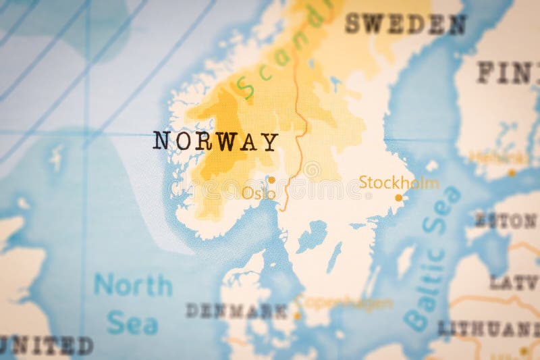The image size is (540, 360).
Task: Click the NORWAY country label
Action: (215, 142)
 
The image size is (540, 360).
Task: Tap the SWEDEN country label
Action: (405, 24)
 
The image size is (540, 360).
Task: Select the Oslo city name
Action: (259, 194)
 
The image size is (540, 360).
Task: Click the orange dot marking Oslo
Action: (271, 180)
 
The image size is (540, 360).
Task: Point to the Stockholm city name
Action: (398, 182)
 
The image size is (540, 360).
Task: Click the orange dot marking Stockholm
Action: (398, 198)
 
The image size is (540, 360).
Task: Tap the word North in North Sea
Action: (133, 285)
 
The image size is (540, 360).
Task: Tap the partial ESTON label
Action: (506, 220)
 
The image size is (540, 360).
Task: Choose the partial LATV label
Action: (514, 282)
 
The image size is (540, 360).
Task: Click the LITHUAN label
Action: (489, 329)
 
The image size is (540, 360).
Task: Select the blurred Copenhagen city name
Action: (346, 303)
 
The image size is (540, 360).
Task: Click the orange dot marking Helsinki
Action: (512, 172)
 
